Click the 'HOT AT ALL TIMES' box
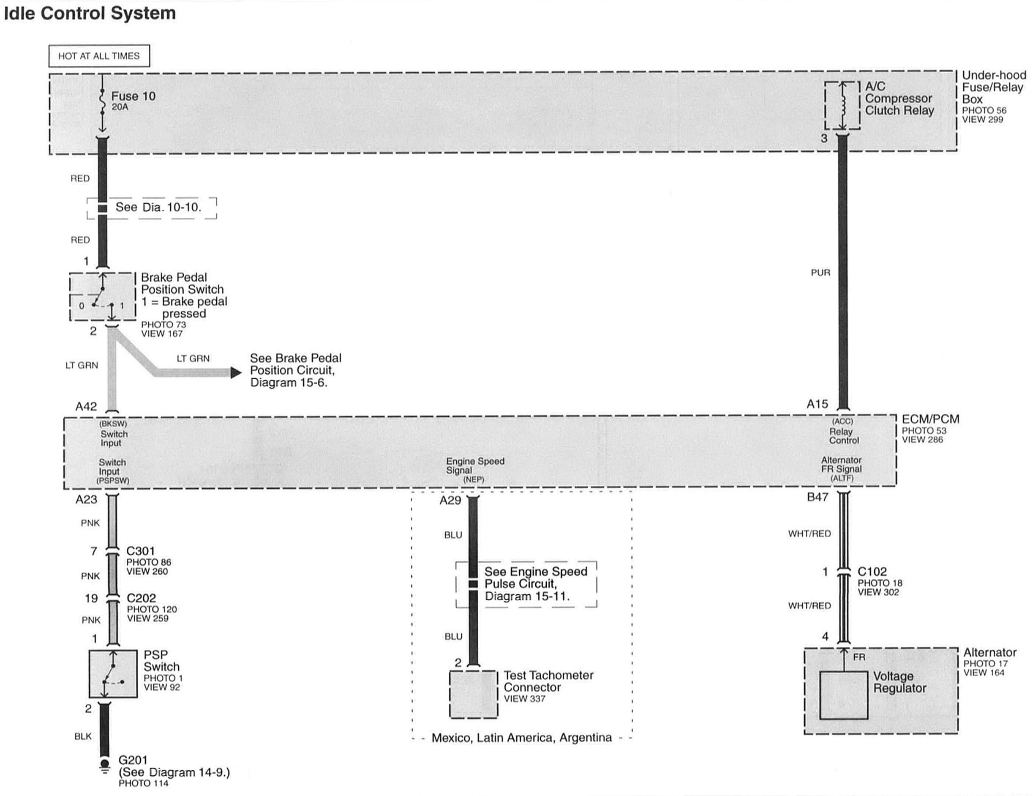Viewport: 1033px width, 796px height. coord(99,56)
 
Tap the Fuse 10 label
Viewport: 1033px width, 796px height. coord(133,96)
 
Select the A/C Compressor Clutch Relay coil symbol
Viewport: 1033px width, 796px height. coord(842,106)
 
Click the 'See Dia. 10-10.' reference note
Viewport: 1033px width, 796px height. coord(158,207)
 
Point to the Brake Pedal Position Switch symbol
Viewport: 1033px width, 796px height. coord(103,297)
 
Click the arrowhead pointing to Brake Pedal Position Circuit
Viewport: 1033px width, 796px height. coord(236,373)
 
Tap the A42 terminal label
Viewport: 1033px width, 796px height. coord(86,407)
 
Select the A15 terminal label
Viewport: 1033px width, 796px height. coord(818,404)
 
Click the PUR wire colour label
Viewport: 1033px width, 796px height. coord(820,273)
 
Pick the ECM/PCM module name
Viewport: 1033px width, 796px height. coord(930,419)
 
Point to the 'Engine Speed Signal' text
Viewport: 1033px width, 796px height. coord(474,466)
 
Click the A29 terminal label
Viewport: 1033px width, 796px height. coord(450,501)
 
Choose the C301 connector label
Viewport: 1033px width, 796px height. coord(140,551)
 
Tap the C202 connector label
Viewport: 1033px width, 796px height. coord(141,598)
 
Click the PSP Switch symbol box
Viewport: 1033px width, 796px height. coord(113,673)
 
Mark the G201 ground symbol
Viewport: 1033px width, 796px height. coord(104,765)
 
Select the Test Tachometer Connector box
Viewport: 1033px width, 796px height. coord(473,694)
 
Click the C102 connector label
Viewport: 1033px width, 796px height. coord(872,572)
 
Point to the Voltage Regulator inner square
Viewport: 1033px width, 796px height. coord(843,695)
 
